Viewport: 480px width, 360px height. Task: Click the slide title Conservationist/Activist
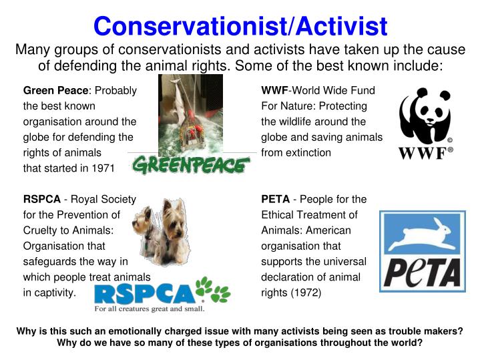coord(240,26)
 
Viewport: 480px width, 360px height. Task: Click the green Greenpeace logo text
coord(191,164)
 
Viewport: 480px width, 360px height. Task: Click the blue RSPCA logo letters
coord(144,292)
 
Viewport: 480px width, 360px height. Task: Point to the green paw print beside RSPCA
coord(213,289)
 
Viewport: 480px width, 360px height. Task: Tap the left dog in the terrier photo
coord(148,224)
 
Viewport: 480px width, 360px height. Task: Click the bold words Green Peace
coord(55,90)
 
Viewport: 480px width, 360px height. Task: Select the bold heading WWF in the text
coord(274,90)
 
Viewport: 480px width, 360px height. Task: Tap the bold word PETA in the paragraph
coord(275,199)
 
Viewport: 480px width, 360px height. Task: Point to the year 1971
coord(101,168)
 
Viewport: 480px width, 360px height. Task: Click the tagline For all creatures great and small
coord(149,309)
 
